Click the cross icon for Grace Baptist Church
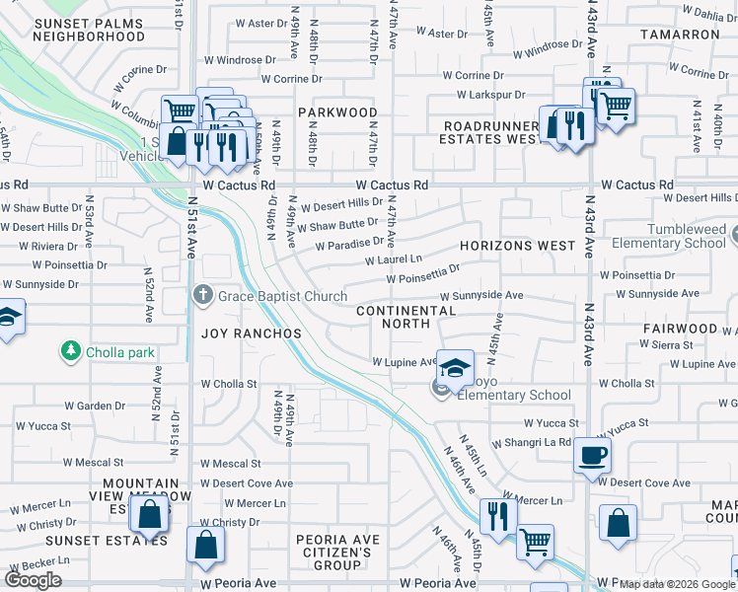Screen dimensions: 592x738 (x=202, y=295)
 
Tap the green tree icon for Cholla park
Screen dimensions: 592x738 (x=70, y=351)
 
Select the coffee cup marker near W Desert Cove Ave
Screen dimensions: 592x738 (x=592, y=456)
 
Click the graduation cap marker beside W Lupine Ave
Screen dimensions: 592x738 (x=454, y=369)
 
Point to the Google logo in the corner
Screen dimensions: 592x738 (x=33, y=580)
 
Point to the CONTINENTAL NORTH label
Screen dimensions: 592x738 (x=406, y=317)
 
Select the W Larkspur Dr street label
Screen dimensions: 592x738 (x=495, y=95)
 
